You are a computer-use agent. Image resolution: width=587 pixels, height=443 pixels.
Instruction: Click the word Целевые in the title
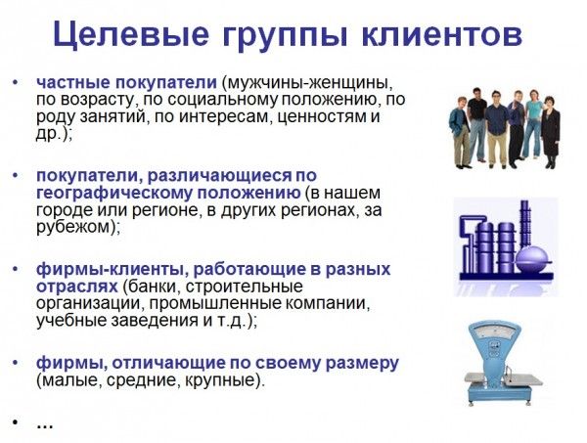point(131,34)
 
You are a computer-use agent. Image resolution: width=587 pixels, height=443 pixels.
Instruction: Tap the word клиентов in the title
point(442,34)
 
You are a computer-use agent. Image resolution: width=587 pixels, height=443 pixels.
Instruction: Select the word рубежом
point(76,227)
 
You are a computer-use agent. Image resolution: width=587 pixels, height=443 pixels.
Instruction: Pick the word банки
point(152,287)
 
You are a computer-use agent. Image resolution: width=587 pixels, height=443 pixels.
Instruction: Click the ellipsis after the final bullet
point(45,425)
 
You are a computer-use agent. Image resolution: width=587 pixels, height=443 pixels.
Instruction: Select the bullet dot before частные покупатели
point(16,82)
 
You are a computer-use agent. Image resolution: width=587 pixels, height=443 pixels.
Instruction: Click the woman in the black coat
point(551,132)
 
